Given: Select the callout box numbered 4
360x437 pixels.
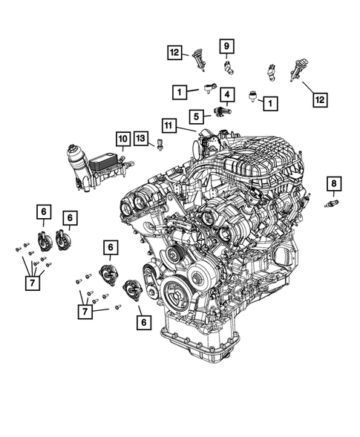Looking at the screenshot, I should [x=226, y=94].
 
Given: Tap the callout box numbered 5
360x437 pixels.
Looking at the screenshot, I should [x=196, y=116].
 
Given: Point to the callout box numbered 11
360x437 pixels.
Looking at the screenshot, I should [x=169, y=125].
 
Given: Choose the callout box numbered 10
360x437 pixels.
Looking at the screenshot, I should [x=122, y=137].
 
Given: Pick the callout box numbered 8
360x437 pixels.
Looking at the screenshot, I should [x=334, y=183].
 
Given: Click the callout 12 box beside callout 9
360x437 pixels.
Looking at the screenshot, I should [x=175, y=53].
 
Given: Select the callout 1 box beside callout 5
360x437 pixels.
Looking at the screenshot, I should [x=178, y=93].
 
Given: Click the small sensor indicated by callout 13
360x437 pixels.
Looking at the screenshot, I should [x=159, y=147].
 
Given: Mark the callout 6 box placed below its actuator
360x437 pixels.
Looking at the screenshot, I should [x=140, y=321].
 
